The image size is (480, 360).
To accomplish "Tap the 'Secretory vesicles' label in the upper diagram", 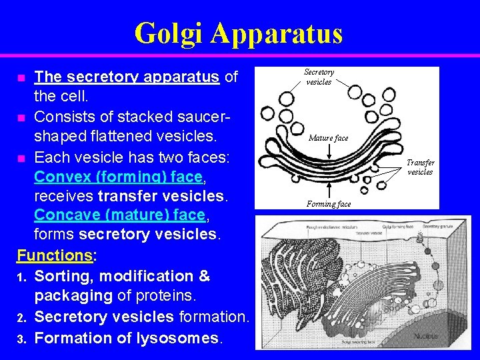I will [x=319, y=77].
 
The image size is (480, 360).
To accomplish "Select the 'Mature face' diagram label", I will [x=328, y=138].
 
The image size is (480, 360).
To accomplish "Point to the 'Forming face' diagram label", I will [x=329, y=204].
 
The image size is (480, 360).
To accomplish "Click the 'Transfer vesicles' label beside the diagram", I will [x=420, y=167].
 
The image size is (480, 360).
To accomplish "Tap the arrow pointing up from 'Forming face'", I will [x=330, y=189].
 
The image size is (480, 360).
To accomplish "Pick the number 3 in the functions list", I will [x=21, y=339].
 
